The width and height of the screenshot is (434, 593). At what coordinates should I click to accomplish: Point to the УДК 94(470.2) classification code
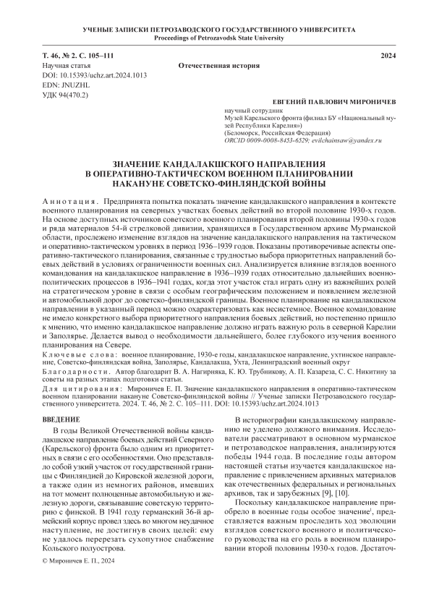(66, 95)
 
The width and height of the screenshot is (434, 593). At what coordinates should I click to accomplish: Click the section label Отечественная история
(218, 66)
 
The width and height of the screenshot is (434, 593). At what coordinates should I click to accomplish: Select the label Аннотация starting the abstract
(70, 199)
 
